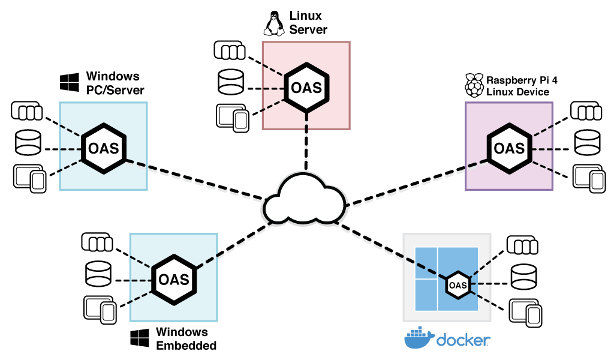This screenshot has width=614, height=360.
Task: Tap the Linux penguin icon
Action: pyautogui.click(x=273, y=23)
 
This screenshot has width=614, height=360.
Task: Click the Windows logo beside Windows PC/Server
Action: pyautogui.click(x=70, y=82)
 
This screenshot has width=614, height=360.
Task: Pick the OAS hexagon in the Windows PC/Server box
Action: pyautogui.click(x=103, y=147)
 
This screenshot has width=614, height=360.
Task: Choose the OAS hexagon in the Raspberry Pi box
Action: pyautogui.click(x=509, y=147)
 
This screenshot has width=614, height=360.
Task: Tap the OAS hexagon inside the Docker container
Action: pyautogui.click(x=458, y=284)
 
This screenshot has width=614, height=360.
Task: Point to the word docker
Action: pyautogui.click(x=463, y=340)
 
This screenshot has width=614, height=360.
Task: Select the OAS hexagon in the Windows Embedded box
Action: pyautogui.click(x=173, y=279)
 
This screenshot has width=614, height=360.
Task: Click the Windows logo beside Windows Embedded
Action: pyautogui.click(x=140, y=338)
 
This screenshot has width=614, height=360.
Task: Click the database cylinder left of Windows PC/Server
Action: pyautogui.click(x=28, y=143)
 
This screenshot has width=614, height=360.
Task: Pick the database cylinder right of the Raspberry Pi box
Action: pyautogui.click(x=587, y=143)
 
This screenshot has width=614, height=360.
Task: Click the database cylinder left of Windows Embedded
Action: pyautogui.click(x=98, y=274)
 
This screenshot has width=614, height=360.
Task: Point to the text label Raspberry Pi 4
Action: pyautogui.click(x=517, y=80)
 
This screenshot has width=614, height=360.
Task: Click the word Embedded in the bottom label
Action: pyautogui.click(x=186, y=346)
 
